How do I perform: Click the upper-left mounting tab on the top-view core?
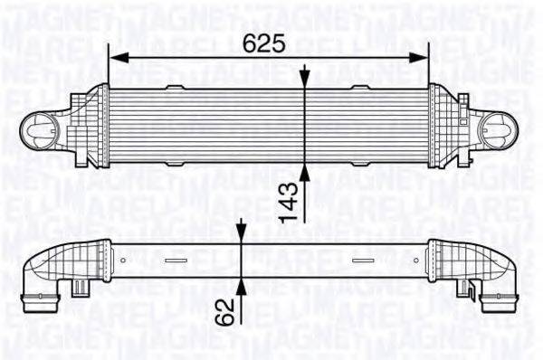coord(176,87)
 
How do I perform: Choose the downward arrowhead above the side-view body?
coord(243,237)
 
